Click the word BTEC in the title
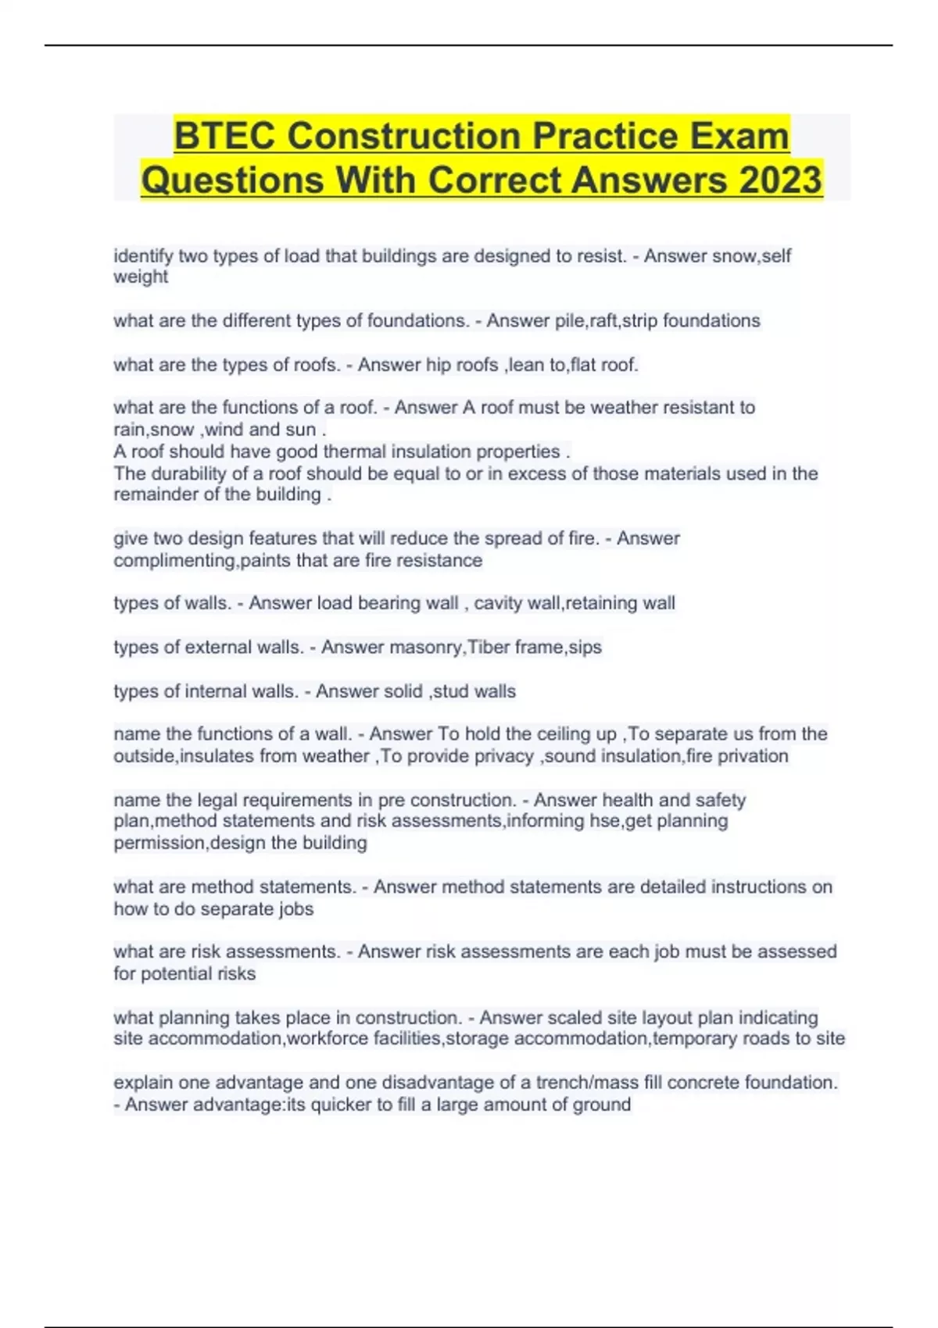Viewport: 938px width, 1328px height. tap(224, 137)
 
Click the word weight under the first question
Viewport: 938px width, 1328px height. tap(141, 277)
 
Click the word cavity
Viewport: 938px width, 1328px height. tap(499, 603)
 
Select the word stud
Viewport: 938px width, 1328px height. tap(449, 691)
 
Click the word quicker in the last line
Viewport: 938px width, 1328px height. tap(341, 1105)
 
